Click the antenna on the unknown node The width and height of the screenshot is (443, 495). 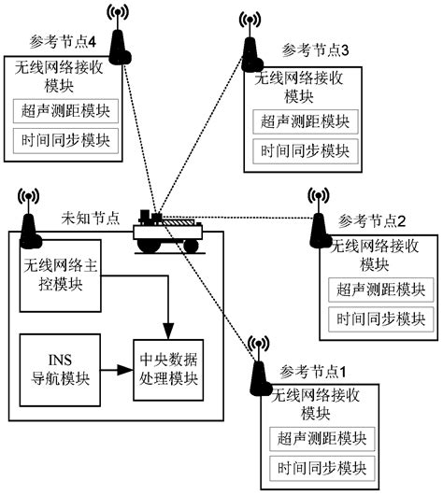[29, 221]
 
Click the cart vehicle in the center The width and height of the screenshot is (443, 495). [167, 231]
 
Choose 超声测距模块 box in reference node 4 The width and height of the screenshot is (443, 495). [66, 110]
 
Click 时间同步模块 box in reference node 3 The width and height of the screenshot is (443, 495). [301, 149]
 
